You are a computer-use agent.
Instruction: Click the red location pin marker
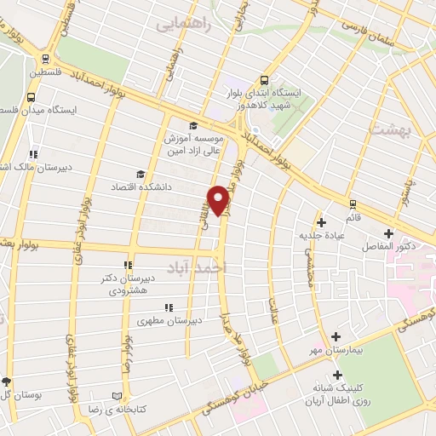(220, 199)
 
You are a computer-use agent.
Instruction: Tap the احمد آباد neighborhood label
(200, 266)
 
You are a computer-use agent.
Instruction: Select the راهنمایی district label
(182, 26)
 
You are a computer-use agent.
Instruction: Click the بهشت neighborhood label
(391, 129)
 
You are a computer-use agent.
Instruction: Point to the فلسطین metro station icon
(44, 57)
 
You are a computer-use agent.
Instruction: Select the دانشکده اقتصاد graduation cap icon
(140, 174)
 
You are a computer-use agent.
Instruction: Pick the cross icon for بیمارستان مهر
(336, 337)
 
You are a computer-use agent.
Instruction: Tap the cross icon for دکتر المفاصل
(388, 233)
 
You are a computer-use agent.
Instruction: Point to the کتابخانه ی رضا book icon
(118, 396)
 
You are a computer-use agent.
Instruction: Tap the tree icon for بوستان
(7, 381)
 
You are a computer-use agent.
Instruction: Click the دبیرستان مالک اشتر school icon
(33, 154)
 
